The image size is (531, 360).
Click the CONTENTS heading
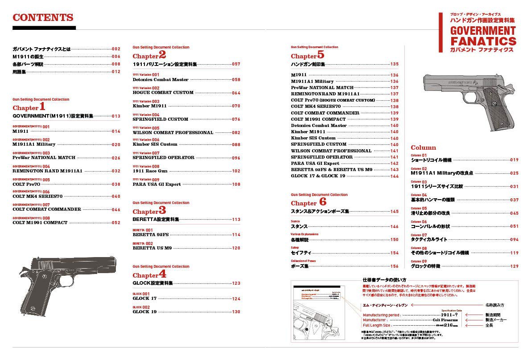(43, 18)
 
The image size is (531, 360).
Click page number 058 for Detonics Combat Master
(236, 80)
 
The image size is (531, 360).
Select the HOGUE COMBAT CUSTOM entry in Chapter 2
(163, 93)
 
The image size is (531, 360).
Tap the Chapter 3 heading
(149, 211)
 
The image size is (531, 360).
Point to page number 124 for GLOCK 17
(236, 299)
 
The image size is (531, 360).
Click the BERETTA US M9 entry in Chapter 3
(152, 248)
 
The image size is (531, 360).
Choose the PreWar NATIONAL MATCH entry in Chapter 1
(44, 158)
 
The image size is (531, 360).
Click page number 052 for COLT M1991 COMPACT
(116, 223)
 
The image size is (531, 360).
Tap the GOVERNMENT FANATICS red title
(483, 36)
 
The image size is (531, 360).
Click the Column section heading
(423, 147)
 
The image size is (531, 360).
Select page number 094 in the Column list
(514, 240)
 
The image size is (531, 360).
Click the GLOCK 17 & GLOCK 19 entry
(318, 176)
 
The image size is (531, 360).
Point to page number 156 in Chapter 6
(394, 266)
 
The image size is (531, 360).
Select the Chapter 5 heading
(308, 55)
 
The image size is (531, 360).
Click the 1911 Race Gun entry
(150, 171)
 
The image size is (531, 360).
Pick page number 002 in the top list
(116, 49)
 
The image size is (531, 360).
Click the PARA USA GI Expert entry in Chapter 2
(156, 184)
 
